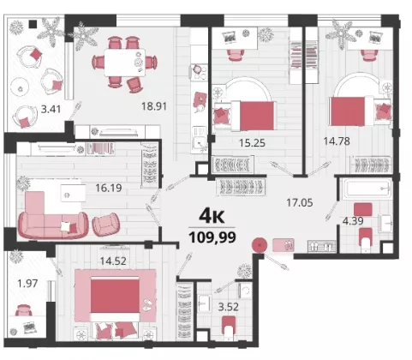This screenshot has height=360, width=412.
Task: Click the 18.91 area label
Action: click(154, 106)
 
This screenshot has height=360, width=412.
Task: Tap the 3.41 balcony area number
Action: click(51, 109)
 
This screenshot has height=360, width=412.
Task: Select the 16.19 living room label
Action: click(109, 188)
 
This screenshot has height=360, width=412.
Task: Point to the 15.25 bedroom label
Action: click(252, 142)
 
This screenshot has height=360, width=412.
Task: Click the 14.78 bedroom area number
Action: click(337, 141)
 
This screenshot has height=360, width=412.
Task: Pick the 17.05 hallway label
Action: click(300, 203)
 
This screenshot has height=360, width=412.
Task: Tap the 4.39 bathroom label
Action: click(353, 221)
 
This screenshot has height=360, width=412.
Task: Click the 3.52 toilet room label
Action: click(229, 307)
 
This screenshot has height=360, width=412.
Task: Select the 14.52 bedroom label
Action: click(113, 261)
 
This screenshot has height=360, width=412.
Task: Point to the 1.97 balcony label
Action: click(27, 284)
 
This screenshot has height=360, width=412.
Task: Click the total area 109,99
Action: click(212, 237)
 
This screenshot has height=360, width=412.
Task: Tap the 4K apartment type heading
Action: click(212, 216)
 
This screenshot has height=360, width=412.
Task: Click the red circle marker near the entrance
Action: click(260, 245)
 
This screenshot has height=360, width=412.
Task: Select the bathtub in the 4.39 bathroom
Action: click(367, 189)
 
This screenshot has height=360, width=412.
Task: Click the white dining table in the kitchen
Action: click(125, 63)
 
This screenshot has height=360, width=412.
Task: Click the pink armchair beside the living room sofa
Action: click(106, 225)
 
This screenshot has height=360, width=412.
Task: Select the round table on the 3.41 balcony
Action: click(20, 88)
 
